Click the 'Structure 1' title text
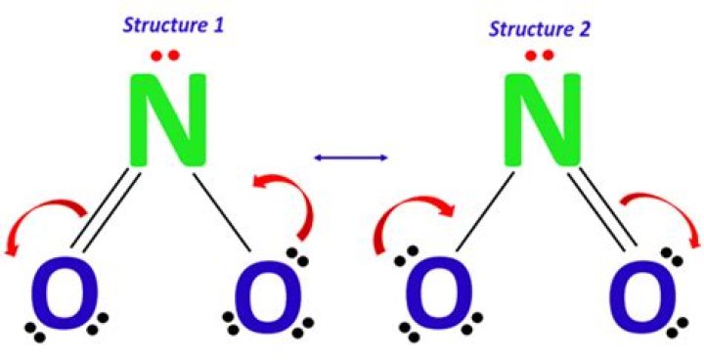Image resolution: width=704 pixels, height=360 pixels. pos(172,23)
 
